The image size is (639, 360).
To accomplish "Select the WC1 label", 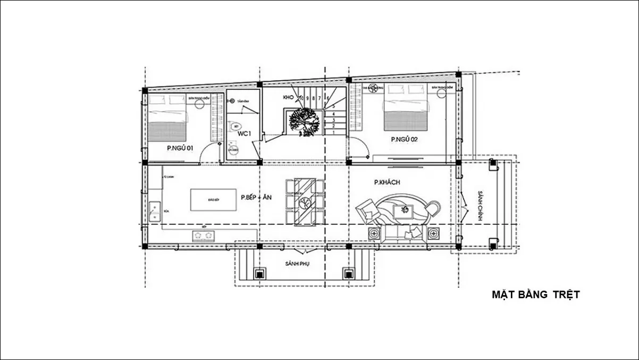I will [x=244, y=133].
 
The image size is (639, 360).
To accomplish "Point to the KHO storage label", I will [x=289, y=98].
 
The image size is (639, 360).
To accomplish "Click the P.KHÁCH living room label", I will [x=387, y=182].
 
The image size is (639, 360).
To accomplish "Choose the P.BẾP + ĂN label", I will [x=256, y=197].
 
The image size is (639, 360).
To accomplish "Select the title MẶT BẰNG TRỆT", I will [x=535, y=295].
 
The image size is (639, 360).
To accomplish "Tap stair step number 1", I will [x=333, y=133].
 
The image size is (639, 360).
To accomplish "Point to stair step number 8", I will [x=313, y=98].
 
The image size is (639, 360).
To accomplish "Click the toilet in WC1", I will [x=234, y=127].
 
